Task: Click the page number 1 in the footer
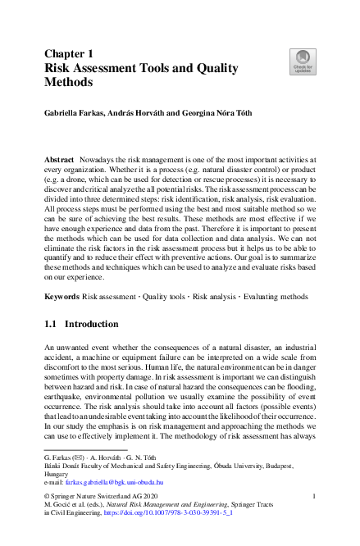(316, 497)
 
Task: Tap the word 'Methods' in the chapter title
(69, 82)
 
